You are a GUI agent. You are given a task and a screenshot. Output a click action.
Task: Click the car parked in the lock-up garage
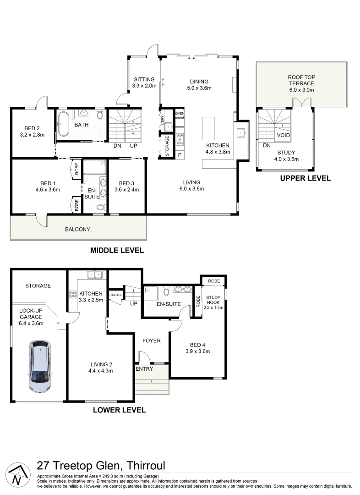pyautogui.click(x=41, y=367)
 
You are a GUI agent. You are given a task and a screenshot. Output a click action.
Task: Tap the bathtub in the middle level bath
pyautogui.click(x=64, y=124)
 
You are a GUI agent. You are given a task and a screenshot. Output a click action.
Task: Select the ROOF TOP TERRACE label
pyautogui.click(x=301, y=81)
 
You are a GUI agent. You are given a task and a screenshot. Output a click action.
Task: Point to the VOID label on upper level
pyautogui.click(x=283, y=136)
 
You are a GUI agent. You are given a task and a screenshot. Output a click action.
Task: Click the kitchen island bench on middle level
pyautogui.click(x=208, y=128)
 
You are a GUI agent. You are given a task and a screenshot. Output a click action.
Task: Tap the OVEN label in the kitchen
pyautogui.click(x=180, y=113)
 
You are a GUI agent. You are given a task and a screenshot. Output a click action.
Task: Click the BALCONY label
pyautogui.click(x=77, y=229)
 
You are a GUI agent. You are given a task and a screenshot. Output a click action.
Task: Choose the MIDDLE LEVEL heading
pyautogui.click(x=117, y=250)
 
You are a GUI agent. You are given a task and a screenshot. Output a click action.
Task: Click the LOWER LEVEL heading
pyautogui.click(x=119, y=410)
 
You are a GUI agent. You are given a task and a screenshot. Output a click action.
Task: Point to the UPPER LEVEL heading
pyautogui.click(x=305, y=178)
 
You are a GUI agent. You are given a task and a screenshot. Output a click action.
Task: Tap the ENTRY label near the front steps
pyautogui.click(x=145, y=369)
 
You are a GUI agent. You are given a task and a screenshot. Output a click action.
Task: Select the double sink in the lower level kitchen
pyautogui.click(x=95, y=275)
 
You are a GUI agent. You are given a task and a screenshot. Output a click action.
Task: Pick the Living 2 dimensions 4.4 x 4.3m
pyautogui.click(x=100, y=371)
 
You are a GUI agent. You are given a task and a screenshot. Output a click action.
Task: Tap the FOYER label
pyautogui.click(x=151, y=341)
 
